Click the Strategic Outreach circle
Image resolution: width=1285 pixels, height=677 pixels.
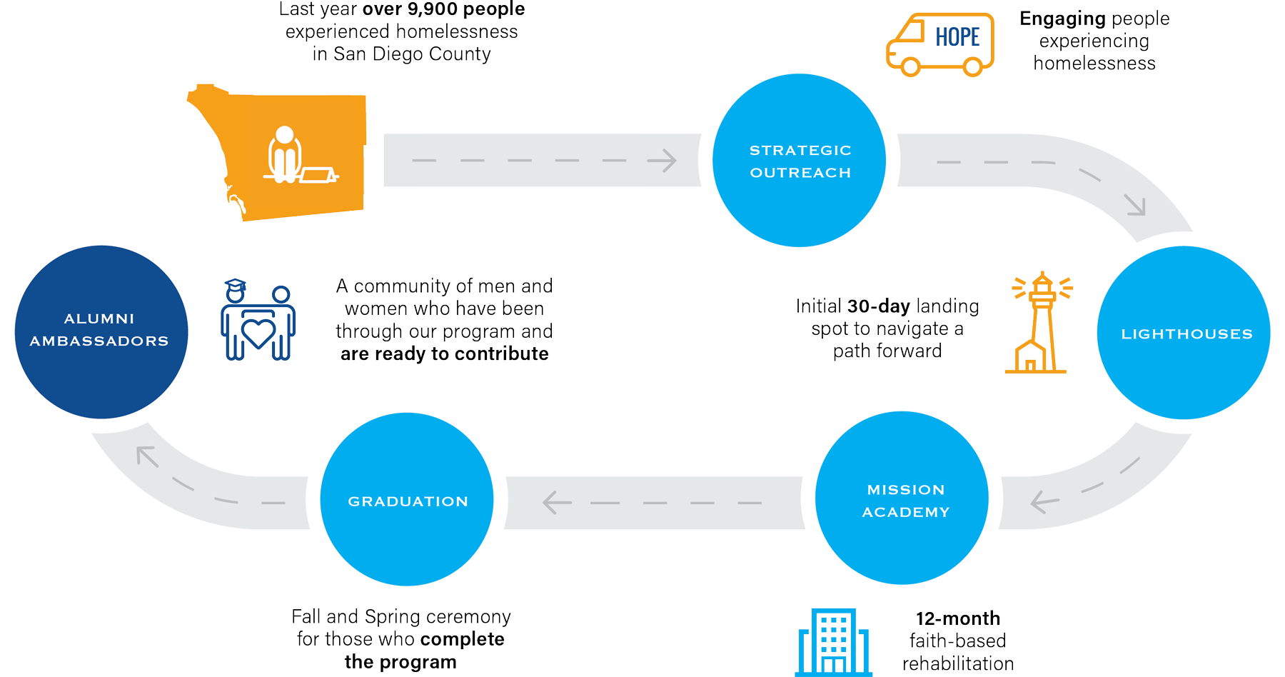tap(799, 161)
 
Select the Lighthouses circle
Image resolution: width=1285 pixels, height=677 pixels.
tap(1183, 333)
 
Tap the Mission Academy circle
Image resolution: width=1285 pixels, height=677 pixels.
tap(902, 498)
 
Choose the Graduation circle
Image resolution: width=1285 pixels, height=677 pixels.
tap(407, 500)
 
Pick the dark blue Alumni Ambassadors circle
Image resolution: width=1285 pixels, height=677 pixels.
tap(101, 332)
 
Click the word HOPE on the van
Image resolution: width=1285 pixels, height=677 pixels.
tap(957, 37)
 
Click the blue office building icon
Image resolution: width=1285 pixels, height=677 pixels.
tap(833, 642)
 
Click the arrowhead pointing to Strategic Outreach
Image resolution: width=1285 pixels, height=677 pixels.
tap(665, 161)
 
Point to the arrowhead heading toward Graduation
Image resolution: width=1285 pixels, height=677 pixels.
tap(553, 503)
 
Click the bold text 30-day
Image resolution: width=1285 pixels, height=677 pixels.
tap(878, 306)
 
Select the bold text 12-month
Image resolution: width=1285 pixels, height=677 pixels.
tap(957, 618)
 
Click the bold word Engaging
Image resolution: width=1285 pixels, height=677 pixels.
tap(1062, 19)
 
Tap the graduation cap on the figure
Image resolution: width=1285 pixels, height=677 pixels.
tap(235, 284)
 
